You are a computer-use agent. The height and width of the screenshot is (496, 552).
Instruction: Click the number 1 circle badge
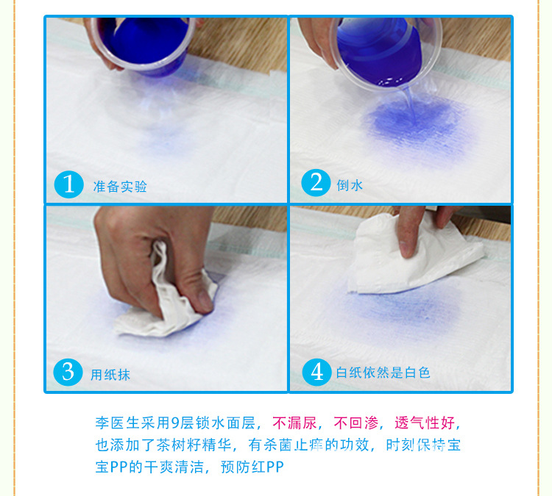pos(69,184)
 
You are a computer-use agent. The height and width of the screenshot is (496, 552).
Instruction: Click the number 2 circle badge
pos(316,183)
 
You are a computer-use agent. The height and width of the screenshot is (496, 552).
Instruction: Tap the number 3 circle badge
pos(68,373)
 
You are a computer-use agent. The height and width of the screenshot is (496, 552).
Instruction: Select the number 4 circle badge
pos(316,373)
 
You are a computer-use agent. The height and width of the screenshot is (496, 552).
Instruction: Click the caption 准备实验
pos(120,187)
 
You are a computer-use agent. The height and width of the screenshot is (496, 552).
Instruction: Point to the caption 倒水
pos(350,185)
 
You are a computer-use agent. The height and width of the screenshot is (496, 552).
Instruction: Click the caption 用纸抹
pos(110,375)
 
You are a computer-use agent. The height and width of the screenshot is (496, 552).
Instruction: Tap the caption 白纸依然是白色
pos(383,373)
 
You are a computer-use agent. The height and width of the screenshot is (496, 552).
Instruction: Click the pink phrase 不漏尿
pos(294,423)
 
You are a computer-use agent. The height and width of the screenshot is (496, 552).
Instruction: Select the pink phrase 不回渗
pos(356,423)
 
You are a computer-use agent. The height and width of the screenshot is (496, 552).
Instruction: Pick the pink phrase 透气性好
pos(425,423)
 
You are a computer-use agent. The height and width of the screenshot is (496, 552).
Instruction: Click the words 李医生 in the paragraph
pos(118,423)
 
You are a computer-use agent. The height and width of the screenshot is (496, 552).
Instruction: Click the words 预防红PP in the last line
pos(252,467)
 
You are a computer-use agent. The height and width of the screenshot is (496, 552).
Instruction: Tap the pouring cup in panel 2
pos(386,53)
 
